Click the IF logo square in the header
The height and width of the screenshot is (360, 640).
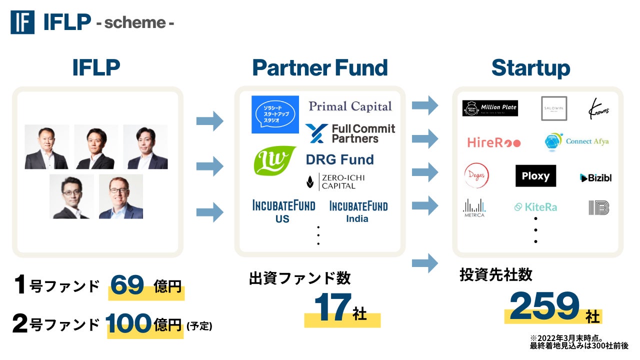coord(22,22)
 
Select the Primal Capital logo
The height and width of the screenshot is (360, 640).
coord(350,106)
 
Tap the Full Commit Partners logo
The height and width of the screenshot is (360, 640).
coord(350,133)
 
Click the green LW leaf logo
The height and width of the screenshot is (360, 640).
coord(275,160)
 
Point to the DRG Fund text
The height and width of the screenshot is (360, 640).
coord(339,160)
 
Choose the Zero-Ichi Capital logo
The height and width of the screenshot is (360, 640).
coord(335,181)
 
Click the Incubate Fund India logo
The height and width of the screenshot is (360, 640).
coord(358,211)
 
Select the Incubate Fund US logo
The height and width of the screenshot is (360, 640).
coord(283,211)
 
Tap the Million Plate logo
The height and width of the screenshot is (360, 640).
coord(489,108)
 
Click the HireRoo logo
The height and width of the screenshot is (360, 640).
coord(493,142)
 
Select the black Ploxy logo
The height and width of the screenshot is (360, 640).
coord(535,176)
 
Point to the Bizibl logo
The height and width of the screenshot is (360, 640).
coord(595,177)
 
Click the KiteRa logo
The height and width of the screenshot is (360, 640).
coord(535,207)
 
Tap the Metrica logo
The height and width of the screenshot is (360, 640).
coord(474,208)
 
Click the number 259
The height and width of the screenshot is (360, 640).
coord(544,306)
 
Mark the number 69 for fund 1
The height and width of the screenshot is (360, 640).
coord(127,285)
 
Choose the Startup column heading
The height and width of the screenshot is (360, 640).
coord(530,67)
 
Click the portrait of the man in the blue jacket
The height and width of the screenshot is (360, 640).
coord(120,196)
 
